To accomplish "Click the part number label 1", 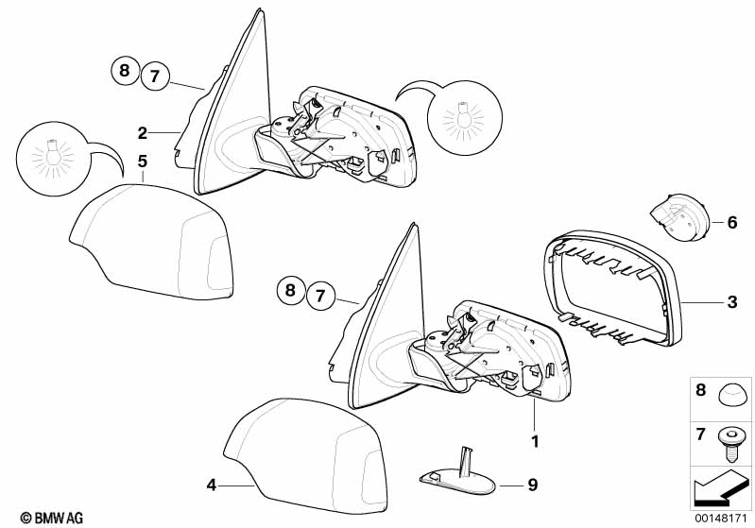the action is click(x=535, y=441).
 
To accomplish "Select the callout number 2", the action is click(x=142, y=133).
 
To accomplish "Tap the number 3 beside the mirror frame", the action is click(x=732, y=302).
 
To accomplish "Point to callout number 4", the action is click(x=212, y=485).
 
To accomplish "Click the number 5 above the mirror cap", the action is click(x=142, y=162).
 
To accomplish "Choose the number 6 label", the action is click(x=732, y=223).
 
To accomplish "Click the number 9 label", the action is click(x=533, y=485).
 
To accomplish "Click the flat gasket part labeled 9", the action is click(x=457, y=476).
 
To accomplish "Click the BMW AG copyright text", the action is click(x=52, y=518).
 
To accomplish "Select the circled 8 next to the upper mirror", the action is click(x=125, y=71).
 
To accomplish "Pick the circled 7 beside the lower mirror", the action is click(x=320, y=295).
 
